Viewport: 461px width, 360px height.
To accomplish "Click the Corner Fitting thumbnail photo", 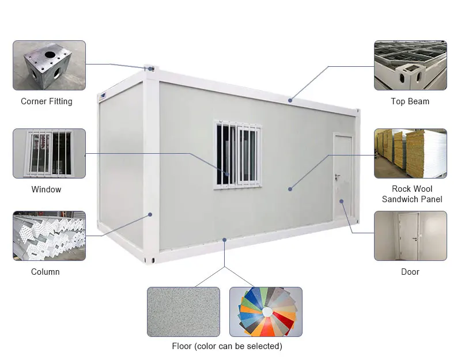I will (49, 65).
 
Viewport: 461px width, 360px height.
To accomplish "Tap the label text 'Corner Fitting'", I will (47, 101).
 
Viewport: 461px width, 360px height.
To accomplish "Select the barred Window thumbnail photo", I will (49, 153).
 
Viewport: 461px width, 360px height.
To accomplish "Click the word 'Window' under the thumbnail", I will (46, 190).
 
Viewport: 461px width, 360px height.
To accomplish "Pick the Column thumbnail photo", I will (49, 236).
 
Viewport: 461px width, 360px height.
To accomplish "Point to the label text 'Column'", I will (46, 272).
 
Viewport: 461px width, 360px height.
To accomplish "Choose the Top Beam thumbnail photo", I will (410, 65).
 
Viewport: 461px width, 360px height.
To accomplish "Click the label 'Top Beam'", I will (410, 101).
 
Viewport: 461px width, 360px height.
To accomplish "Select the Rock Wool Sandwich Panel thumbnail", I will (410, 153).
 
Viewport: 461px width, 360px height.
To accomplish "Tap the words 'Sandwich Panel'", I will (412, 199).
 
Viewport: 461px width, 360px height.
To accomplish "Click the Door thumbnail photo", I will (410, 236).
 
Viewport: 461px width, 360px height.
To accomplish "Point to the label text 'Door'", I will (410, 272).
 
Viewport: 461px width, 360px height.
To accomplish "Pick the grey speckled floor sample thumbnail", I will (183, 312).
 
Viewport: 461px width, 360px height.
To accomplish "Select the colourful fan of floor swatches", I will (266, 312).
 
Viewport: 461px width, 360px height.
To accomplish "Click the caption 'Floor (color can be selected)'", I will (227, 346).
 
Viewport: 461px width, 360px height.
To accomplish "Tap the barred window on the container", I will (237, 154).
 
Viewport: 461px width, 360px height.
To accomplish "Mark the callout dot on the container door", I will (341, 201).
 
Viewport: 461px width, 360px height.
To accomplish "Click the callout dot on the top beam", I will (290, 101).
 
